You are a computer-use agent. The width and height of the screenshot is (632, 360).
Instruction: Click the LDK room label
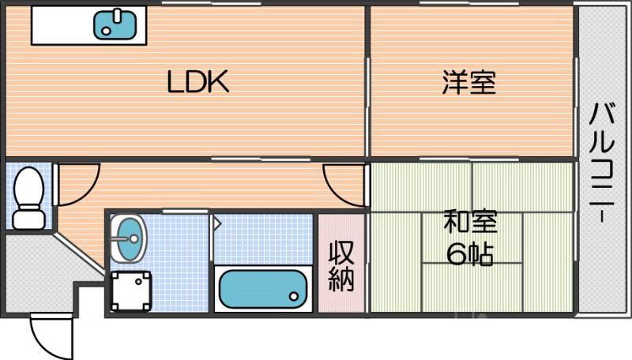(198, 82)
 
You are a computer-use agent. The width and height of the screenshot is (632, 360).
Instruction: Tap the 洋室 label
(469, 82)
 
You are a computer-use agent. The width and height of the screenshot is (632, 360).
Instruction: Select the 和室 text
(470, 221)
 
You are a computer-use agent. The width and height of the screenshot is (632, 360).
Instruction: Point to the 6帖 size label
(470, 254)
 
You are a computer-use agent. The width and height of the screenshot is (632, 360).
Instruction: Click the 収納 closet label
(341, 266)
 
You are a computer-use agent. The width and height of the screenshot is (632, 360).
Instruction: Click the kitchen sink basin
(115, 25)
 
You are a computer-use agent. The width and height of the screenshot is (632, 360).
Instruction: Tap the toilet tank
(28, 218)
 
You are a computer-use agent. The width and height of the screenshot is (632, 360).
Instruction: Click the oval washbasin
(129, 238)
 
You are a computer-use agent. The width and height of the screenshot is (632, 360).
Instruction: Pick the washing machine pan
(131, 291)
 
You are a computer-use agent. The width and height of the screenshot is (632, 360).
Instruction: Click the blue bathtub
(263, 289)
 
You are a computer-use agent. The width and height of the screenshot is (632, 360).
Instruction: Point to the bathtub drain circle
(294, 297)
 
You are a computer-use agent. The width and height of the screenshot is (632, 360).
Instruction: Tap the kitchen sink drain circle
(106, 31)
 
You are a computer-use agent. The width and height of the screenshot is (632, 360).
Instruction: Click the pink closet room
(341, 263)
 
